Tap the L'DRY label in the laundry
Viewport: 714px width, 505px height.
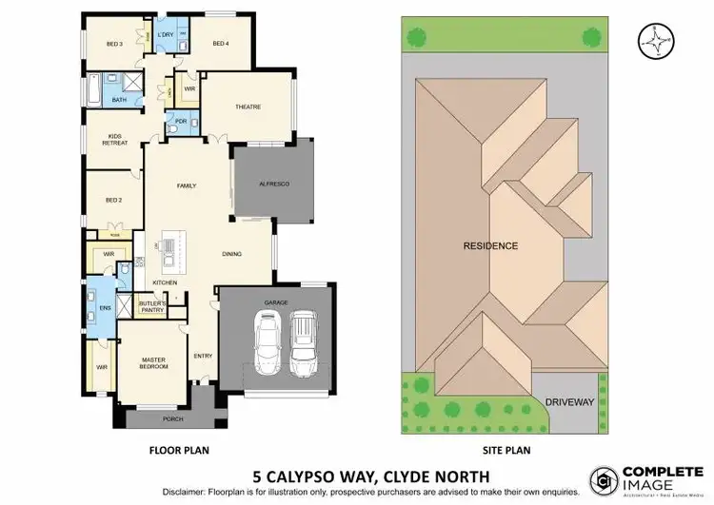165,36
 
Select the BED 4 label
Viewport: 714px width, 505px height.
221,44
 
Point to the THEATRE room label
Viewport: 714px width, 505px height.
248,107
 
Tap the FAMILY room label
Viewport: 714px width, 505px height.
186,186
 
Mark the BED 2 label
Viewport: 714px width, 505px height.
114,200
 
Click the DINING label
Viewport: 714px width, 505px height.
232,254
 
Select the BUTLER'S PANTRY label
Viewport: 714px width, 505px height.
153,305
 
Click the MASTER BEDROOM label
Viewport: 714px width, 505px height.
153,362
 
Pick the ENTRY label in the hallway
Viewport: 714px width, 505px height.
203,357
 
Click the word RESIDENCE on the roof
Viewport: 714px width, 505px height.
490,245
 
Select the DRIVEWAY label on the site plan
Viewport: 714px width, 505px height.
569,402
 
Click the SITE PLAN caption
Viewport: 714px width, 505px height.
506,450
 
